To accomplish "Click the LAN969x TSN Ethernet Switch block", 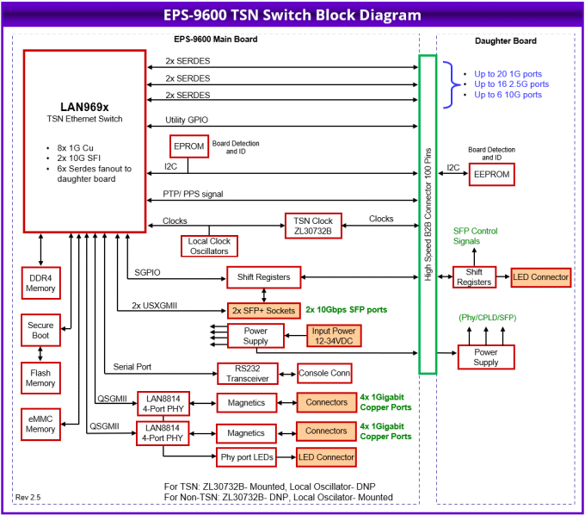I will [84, 140].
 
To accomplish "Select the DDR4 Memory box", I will [40, 282].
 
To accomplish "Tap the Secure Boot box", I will [40, 329].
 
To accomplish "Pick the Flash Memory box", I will [40, 377].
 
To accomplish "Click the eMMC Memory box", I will [40, 424].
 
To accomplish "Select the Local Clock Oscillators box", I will [208, 246].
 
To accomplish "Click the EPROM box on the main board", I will [188, 146].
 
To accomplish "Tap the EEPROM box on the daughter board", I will [491, 175].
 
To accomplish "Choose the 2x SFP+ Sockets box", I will [263, 309].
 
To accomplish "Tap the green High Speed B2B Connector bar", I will [428, 214].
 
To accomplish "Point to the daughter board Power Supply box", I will [485, 357].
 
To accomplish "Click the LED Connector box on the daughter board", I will [541, 277].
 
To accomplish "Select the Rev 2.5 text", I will [28, 497].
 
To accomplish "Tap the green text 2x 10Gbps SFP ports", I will [346, 309].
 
